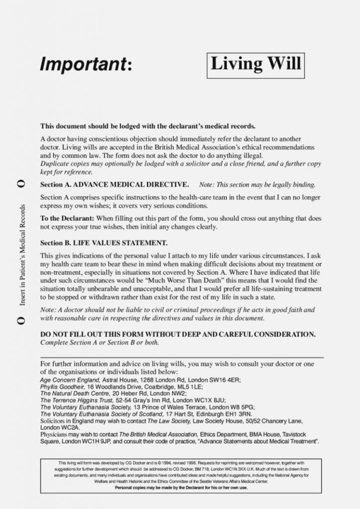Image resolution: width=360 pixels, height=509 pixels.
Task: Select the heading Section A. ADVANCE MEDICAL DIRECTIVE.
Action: tap(114, 184)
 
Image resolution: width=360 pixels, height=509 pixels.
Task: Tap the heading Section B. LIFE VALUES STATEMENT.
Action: tap(103, 243)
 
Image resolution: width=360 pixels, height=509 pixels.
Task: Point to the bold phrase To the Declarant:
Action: tap(67, 218)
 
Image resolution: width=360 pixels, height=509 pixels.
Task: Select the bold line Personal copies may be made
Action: tap(181, 487)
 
